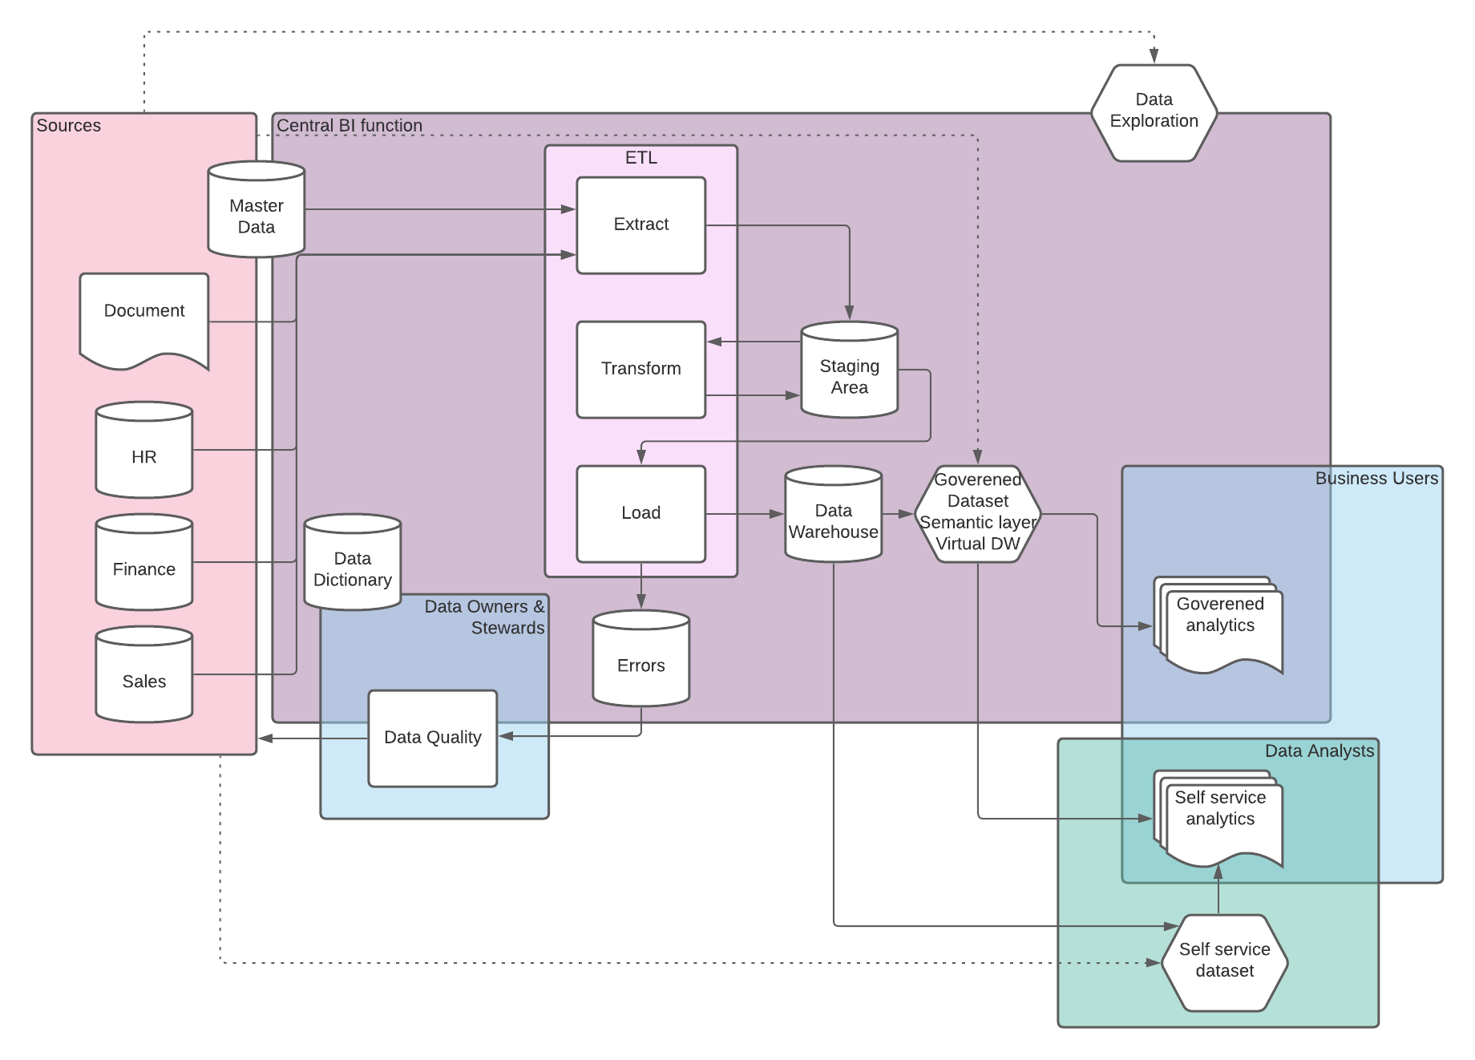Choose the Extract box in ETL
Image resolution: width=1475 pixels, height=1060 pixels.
click(641, 225)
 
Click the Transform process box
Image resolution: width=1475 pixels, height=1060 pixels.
click(641, 370)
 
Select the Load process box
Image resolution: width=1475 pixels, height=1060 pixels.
click(641, 514)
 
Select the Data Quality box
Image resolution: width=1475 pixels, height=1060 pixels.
click(433, 738)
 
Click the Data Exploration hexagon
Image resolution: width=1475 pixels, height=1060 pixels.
click(1154, 113)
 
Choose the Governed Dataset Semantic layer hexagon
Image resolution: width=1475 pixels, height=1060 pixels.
click(977, 514)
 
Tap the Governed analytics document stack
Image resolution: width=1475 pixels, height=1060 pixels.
click(1219, 625)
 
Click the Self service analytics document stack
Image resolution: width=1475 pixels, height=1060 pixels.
click(1219, 819)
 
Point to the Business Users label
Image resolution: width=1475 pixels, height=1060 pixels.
click(1376, 479)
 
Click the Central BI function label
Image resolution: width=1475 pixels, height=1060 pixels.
click(350, 126)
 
